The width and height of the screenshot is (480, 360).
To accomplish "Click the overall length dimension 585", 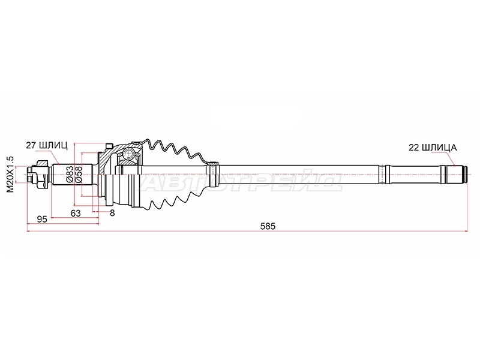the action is point(268,226).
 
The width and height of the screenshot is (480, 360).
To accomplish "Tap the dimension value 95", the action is point(41,219).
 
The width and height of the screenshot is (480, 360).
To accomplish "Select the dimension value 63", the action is point(76,213).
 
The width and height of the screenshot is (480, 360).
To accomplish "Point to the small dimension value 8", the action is point(112,213).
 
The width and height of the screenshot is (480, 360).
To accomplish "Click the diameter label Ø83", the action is point(70,175).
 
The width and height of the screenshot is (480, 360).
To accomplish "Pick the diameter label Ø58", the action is point(78,175).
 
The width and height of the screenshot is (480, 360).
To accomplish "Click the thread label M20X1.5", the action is point(10,174).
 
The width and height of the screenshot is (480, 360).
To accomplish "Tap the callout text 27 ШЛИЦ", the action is point(47,146).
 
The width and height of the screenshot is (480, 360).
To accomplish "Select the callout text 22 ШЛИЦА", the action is point(433,148).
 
